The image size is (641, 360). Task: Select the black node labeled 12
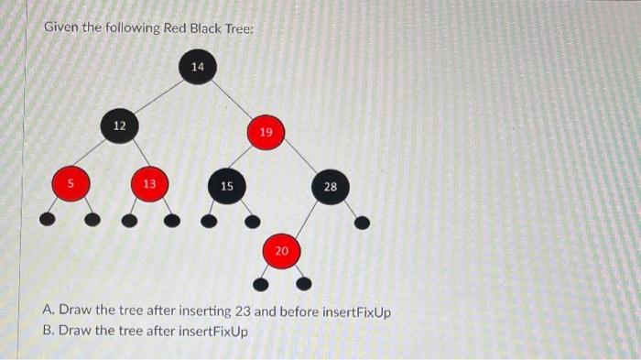click(x=120, y=125)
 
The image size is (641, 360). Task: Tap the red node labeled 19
click(x=266, y=134)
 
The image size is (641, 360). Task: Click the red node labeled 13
click(x=148, y=184)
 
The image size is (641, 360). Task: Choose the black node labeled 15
click(x=226, y=186)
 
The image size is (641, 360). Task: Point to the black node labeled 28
click(x=330, y=187)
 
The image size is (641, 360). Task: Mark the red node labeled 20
click(x=281, y=250)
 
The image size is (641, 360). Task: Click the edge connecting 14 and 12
click(x=158, y=96)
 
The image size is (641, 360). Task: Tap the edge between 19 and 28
click(x=299, y=161)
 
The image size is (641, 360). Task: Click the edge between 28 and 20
click(x=306, y=218)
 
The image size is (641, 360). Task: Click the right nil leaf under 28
click(x=363, y=222)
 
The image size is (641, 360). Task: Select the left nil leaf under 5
click(x=47, y=219)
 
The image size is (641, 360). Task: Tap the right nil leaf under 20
click(x=309, y=280)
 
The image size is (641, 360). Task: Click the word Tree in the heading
click(x=226, y=27)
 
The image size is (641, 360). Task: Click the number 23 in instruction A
click(x=241, y=312)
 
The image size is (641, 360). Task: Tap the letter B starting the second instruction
click(x=48, y=330)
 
